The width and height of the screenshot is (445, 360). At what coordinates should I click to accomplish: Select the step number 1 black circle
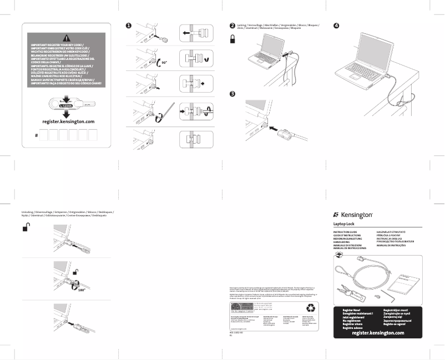(128, 26)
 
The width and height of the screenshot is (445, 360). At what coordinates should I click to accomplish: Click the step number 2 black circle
(232, 26)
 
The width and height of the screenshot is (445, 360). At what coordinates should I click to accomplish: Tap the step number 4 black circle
(335, 26)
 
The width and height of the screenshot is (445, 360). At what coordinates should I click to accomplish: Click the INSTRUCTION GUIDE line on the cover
(345, 231)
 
